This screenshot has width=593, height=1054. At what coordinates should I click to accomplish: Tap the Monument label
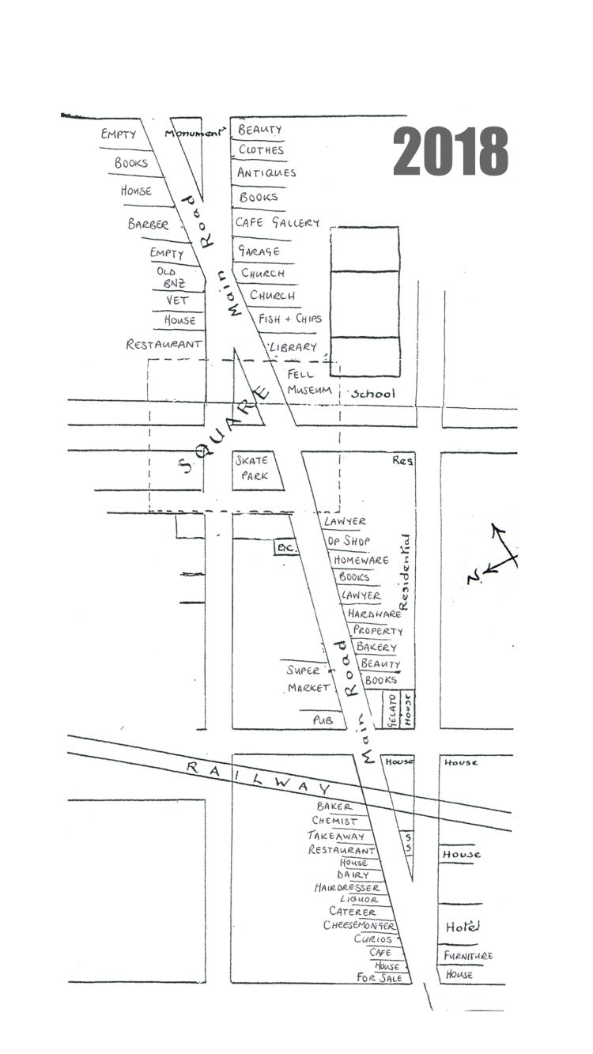[194, 133]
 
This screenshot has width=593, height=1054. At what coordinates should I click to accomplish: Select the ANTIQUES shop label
[266, 172]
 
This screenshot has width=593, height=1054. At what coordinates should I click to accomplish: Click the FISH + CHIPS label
[290, 318]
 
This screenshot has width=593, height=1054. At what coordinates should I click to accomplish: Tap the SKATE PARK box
[252, 467]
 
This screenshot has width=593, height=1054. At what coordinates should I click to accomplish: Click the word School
[372, 393]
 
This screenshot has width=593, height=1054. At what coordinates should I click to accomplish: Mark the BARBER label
[148, 225]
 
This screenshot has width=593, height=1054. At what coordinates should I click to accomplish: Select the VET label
[177, 300]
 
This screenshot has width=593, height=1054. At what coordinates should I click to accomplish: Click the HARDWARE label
[371, 613]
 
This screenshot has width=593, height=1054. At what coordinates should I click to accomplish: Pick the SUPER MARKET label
[307, 678]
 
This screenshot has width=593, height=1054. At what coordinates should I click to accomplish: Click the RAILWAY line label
[258, 776]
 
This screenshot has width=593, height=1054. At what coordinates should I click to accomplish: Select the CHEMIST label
[334, 821]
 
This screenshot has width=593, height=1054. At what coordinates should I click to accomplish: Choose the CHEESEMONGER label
[358, 925]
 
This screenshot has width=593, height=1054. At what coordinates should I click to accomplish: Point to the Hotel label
[462, 927]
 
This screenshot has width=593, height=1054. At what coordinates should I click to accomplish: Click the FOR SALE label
[380, 978]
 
